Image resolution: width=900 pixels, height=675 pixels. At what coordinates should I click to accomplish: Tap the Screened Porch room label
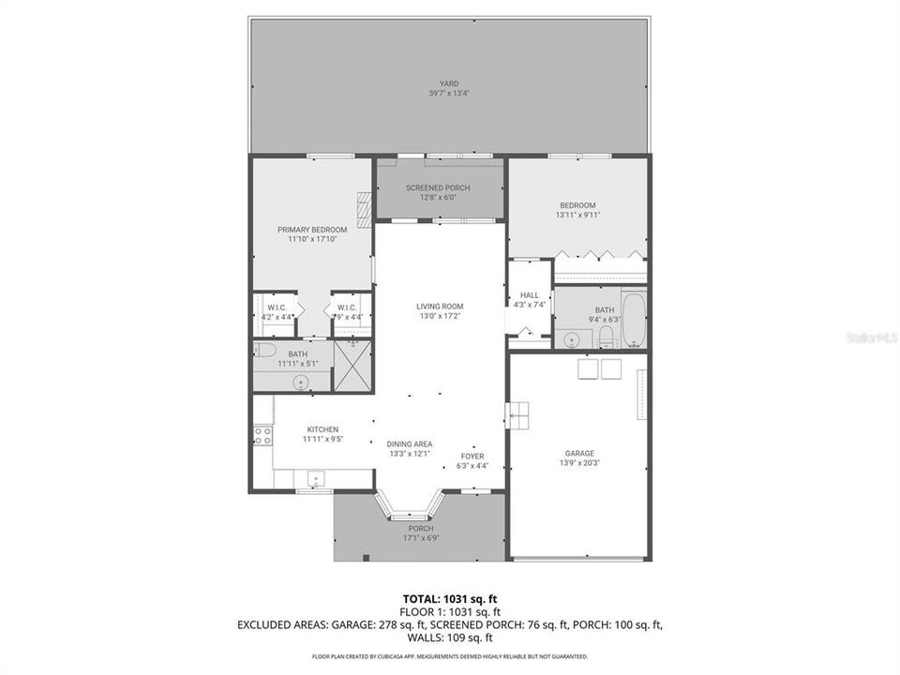[x=438, y=187]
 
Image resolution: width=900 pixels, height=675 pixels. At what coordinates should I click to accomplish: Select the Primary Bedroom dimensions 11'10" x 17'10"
[x=312, y=239]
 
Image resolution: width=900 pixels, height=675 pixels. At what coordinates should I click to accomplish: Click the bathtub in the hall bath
[x=634, y=320]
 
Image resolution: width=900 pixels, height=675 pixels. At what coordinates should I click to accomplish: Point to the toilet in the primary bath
[x=264, y=351]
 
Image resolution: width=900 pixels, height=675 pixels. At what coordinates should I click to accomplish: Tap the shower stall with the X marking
[x=352, y=366]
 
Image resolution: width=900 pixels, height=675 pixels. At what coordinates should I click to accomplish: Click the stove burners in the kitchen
[x=262, y=435]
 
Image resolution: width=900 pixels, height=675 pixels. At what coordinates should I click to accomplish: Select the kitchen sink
[x=316, y=479]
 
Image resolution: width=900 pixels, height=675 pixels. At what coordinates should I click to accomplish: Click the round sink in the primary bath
[x=302, y=381]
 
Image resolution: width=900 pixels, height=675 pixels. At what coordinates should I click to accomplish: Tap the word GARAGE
[x=578, y=453]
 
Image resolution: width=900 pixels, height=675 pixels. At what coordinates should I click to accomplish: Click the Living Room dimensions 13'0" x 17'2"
[x=440, y=316]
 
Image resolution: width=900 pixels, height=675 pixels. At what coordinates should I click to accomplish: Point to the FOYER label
[x=472, y=456]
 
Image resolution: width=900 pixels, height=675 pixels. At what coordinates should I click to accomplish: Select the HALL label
[x=529, y=295]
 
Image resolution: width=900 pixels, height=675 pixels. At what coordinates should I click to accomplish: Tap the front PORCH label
[x=420, y=529]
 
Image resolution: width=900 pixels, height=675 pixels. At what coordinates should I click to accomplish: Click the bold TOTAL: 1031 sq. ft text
[x=449, y=598]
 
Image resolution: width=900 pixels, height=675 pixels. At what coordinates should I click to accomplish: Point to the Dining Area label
[x=409, y=443]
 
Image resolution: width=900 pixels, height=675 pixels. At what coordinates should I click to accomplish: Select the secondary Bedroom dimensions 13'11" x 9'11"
[x=577, y=215]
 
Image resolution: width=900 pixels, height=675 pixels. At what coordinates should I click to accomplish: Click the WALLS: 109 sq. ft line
[x=449, y=637]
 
